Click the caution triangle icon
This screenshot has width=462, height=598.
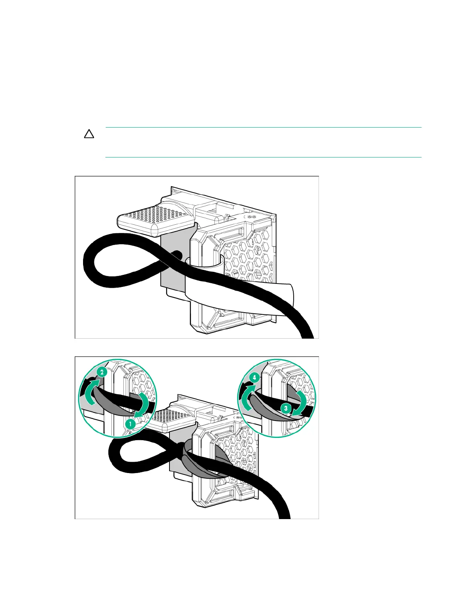(89, 134)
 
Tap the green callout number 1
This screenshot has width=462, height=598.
(130, 424)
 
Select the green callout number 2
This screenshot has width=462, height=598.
(101, 372)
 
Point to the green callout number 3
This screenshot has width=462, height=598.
(286, 408)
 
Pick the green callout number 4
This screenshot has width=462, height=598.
(255, 377)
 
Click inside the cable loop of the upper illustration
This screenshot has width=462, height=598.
(125, 260)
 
